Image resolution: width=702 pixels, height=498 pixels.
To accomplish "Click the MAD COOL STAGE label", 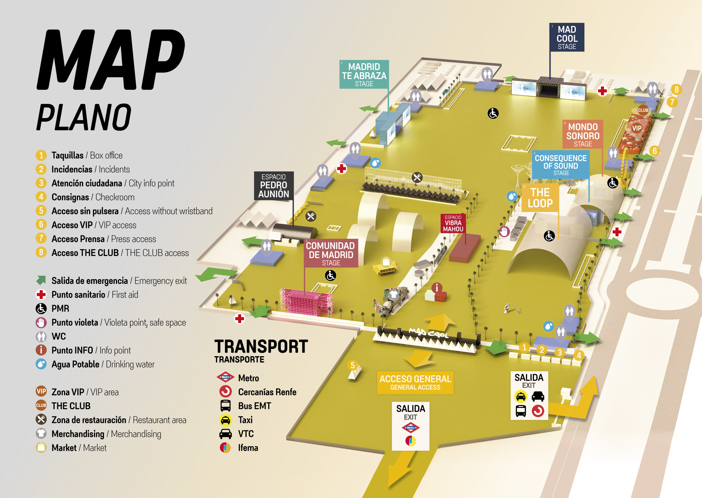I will coord(567,37).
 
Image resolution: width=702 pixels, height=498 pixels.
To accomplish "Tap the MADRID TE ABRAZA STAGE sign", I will coord(364,74).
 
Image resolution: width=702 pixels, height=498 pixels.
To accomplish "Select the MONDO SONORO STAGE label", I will coord(583,134).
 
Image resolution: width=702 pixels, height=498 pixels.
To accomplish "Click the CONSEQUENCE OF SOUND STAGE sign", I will coord(561,165).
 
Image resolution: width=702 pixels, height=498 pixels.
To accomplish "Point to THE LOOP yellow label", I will coord(540,198).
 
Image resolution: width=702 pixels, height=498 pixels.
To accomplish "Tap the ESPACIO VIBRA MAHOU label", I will coord(453,223).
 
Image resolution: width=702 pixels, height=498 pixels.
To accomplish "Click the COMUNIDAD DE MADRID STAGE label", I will coord(331,253).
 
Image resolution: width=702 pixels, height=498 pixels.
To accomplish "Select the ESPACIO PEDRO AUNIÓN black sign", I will coord(274,186).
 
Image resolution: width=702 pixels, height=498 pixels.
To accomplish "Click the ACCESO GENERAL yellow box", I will coord(415,382).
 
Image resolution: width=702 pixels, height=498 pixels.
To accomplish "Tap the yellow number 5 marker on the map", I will coord(353,365).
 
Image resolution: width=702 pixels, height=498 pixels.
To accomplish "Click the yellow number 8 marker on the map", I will coord(676,89).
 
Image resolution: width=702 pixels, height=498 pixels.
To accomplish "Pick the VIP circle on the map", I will coord(637,128).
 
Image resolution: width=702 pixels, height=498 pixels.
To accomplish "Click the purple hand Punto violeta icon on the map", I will coord(504,232).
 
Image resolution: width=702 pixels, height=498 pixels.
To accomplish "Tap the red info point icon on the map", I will coord(437,288).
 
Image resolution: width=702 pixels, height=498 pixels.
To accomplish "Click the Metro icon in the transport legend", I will coord(225,377).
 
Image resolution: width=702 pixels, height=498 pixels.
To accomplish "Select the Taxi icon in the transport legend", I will coord(225,420).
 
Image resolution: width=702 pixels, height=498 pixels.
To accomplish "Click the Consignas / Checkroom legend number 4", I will coord(41,197).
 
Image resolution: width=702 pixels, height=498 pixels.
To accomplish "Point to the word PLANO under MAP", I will coord(84,117).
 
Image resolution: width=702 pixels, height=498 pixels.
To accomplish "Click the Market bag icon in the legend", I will coord(41,447).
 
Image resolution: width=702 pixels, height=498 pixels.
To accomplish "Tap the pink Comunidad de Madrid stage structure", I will coord(305,301).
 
